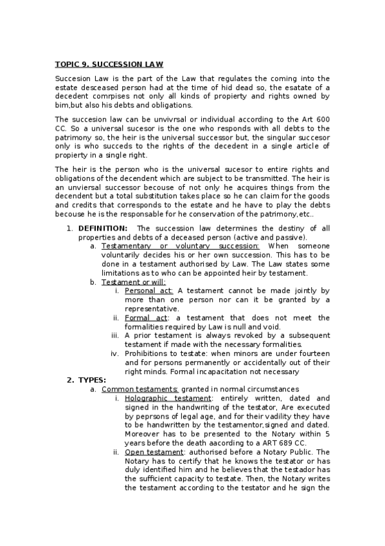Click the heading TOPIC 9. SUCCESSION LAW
coord(109,64)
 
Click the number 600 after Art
coord(322,120)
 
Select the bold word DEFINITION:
coord(103,229)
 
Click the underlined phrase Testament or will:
coord(134,282)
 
